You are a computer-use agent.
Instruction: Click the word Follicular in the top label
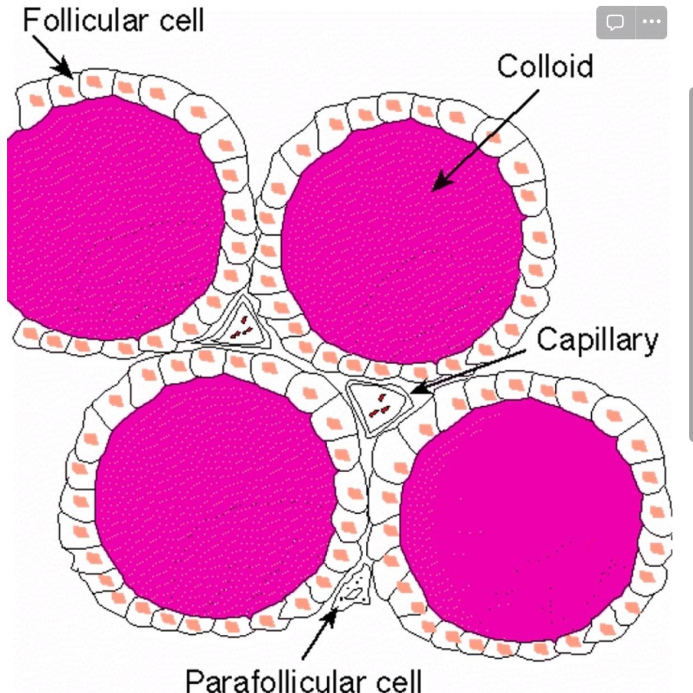[x=85, y=21]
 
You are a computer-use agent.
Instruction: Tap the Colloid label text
[x=544, y=66]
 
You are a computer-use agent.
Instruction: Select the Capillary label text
[x=597, y=341]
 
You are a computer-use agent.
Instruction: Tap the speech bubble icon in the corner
[x=615, y=22]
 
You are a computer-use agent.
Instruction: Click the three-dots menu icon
[x=651, y=22]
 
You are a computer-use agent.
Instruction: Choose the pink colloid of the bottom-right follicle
[x=519, y=519]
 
